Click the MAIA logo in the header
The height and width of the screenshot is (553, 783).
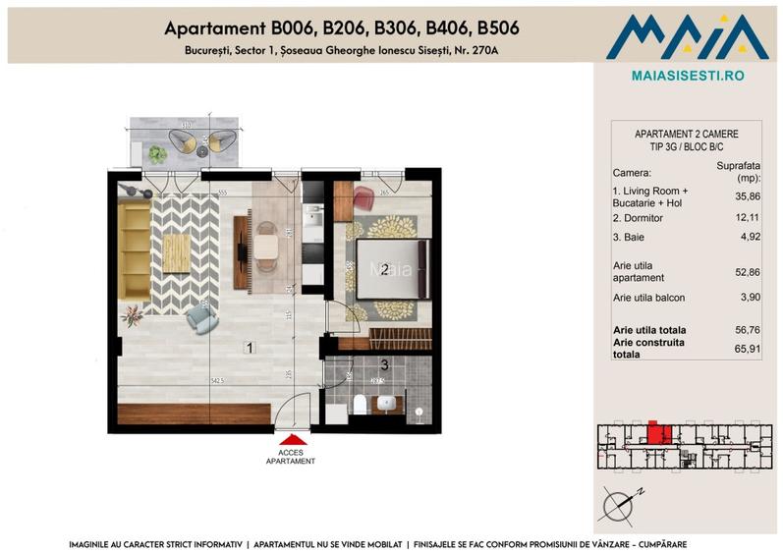[686, 35]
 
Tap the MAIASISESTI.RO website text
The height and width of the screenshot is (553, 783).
[686, 75]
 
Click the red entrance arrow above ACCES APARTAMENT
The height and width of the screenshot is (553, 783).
[292, 439]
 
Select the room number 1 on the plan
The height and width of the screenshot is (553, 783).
[251, 347]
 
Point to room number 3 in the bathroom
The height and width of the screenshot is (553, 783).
[385, 365]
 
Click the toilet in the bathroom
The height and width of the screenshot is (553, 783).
[361, 404]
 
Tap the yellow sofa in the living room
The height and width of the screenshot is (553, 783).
[133, 249]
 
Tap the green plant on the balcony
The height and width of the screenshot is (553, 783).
[156, 153]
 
